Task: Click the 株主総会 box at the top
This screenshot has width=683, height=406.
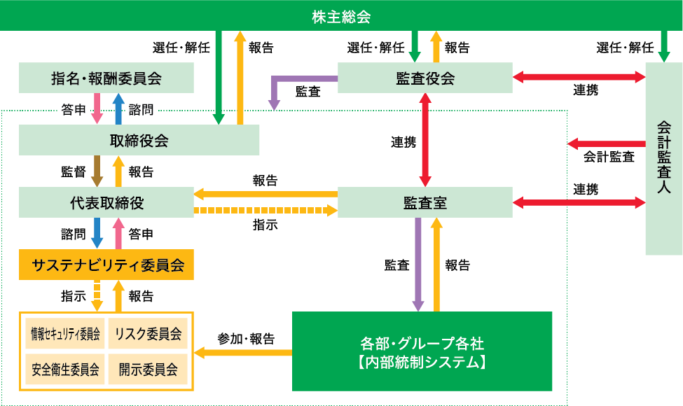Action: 341,15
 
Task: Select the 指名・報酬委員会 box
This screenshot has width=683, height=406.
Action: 106,78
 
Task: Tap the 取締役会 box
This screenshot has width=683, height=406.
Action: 139,140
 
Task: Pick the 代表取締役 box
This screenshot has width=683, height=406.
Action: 106,202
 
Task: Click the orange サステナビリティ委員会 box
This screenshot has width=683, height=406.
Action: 106,265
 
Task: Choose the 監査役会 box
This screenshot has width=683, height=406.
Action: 425,78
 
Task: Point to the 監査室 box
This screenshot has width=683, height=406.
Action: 425,202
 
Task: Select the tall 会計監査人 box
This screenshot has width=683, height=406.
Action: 663,157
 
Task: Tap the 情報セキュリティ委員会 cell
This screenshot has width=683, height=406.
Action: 65,333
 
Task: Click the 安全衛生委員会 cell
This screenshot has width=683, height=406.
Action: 65,367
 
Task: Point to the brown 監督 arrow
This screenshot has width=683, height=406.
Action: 97,171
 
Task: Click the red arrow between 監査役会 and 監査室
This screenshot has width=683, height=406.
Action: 425,140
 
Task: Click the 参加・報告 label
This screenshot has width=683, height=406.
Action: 245,339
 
